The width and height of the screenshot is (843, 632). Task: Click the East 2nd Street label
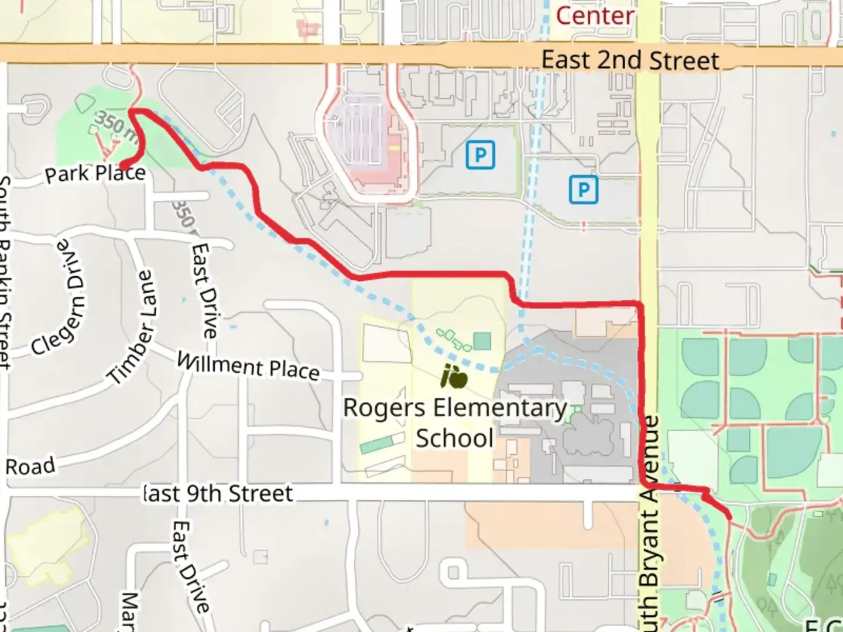point(630,60)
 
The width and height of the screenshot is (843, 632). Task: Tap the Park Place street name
point(95,173)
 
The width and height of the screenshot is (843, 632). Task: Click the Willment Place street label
point(248,367)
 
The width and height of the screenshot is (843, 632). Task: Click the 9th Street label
point(218,494)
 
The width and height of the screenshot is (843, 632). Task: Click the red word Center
point(594,16)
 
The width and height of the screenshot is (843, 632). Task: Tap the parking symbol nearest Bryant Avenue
point(583,190)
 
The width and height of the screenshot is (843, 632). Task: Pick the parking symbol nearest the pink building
point(481,155)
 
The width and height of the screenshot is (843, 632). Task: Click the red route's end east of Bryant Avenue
point(729,517)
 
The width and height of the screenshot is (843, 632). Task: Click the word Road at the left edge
point(30,466)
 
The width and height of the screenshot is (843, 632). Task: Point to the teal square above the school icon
point(482,341)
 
